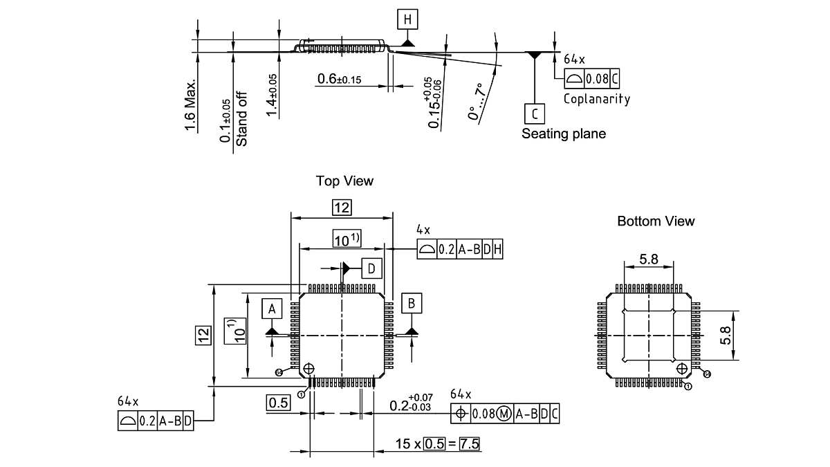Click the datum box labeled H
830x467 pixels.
[407, 19]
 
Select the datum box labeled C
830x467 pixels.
[534, 113]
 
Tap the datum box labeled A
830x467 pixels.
[272, 309]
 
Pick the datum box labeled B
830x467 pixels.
[412, 303]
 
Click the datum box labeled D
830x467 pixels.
[371, 268]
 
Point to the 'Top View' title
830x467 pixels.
[344, 181]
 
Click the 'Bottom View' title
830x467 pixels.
[656, 221]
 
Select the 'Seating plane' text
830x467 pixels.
[563, 134]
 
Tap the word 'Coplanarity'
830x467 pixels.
[596, 99]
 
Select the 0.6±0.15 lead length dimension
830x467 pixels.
[339, 80]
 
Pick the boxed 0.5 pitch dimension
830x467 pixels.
[278, 403]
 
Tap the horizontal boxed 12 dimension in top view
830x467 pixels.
[342, 208]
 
